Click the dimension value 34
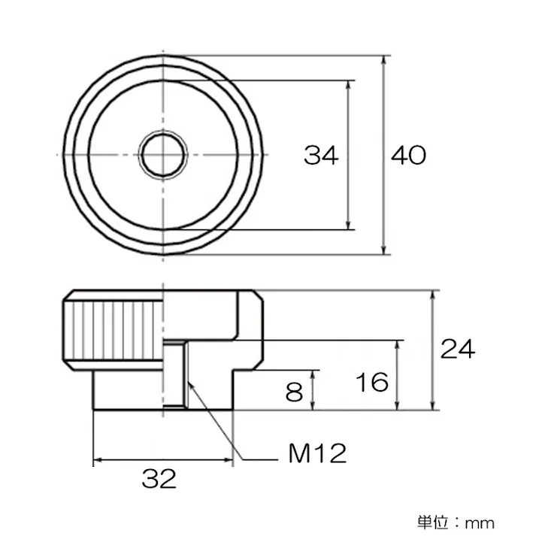click(321, 156)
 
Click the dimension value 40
click(408, 156)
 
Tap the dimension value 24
click(458, 350)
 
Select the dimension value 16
click(373, 382)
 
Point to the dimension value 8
click(295, 391)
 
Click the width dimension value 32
click(159, 479)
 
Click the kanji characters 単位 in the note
click(433, 521)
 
